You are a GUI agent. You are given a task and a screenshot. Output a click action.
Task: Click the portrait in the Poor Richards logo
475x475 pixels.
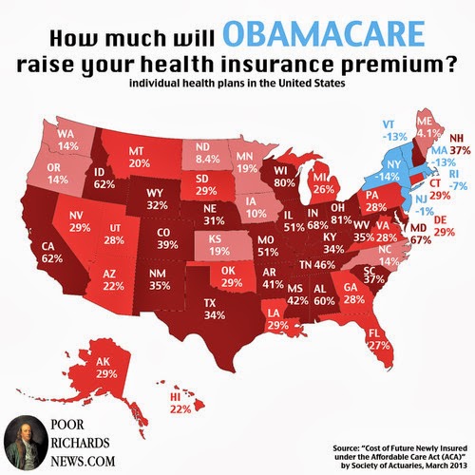(23, 438)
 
